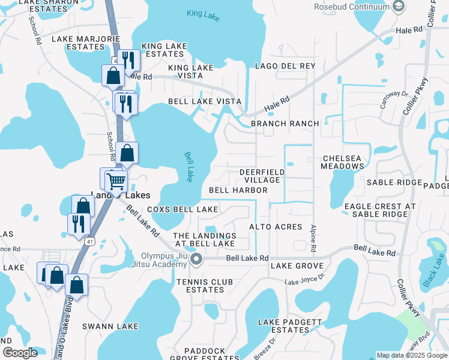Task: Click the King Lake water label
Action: [203, 14]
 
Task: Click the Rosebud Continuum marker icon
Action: [398, 7]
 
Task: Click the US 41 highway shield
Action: [89, 241]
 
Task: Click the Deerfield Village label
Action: [262, 176]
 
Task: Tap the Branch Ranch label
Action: [285, 124]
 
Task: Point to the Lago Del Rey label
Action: [285, 65]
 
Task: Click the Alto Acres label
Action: [276, 227]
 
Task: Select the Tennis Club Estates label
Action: [200, 286]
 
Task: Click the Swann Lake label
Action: [110, 326]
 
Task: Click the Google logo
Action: [19, 353]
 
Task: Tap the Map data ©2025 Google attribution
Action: [412, 355]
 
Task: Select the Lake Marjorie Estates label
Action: [78, 43]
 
